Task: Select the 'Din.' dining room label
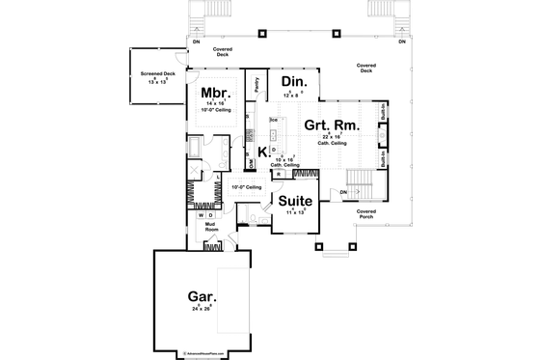[x=294, y=84]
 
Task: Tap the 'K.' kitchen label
[x=262, y=152]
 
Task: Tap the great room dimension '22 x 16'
[x=331, y=137]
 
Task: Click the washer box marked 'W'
[x=202, y=216]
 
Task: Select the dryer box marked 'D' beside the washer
[x=211, y=216]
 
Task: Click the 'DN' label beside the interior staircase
[x=343, y=192]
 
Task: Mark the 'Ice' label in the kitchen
[x=273, y=120]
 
